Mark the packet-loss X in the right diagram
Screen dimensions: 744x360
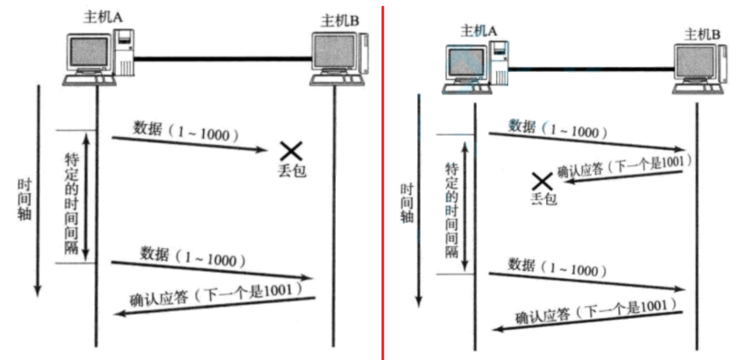pos(541,182)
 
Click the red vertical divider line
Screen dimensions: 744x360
pos(382,180)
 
